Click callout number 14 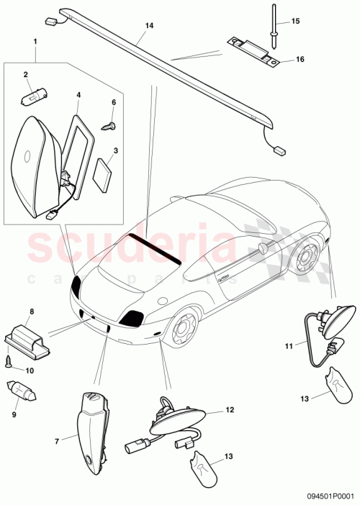149,25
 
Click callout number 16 300,60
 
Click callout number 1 34,42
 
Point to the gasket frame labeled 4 77,144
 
